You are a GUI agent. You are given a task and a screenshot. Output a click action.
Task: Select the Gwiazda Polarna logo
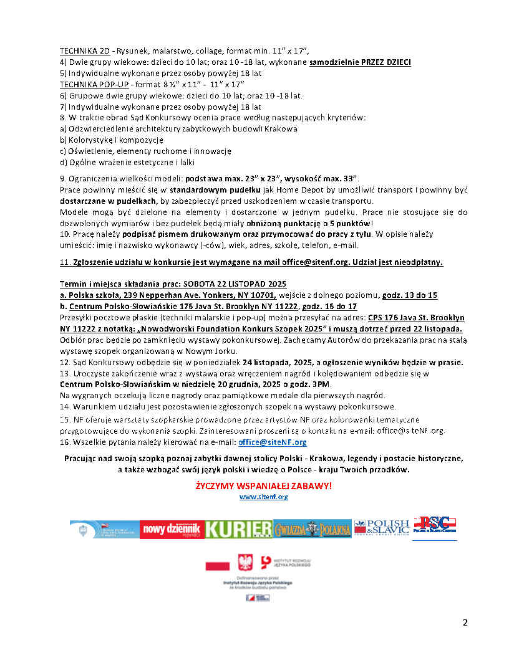click(313, 529)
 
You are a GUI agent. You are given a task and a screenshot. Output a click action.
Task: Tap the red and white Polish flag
click(218, 565)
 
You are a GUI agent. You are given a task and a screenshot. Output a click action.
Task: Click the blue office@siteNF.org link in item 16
click(272, 442)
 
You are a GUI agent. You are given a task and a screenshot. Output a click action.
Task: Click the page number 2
click(465, 622)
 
